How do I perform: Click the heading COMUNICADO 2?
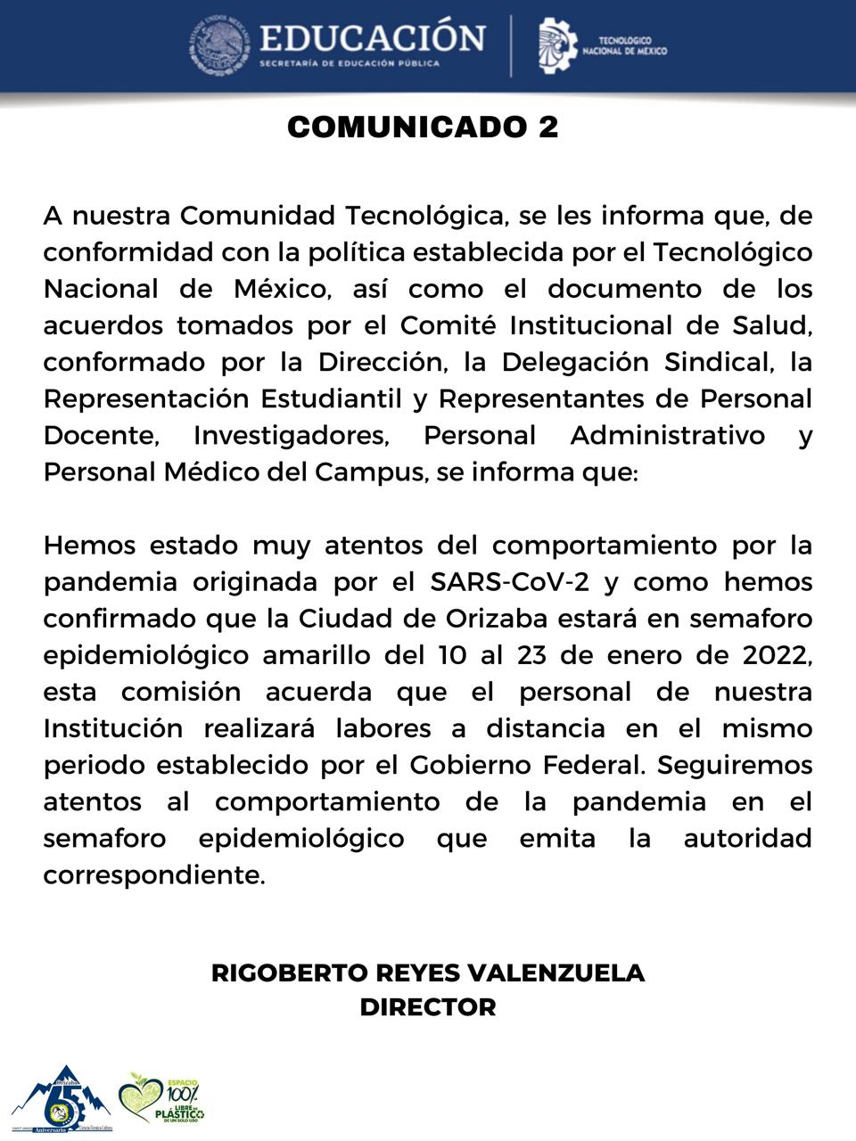tap(423, 127)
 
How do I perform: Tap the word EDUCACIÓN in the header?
tap(372, 37)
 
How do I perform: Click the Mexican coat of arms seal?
tap(217, 45)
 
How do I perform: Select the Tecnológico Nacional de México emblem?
tap(557, 45)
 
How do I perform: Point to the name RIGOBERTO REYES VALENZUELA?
tap(428, 973)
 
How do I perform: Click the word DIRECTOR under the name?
tap(428, 1007)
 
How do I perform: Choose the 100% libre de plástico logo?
tap(164, 1098)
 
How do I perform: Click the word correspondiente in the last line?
tap(153, 875)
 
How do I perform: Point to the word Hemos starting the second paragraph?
tap(89, 545)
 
